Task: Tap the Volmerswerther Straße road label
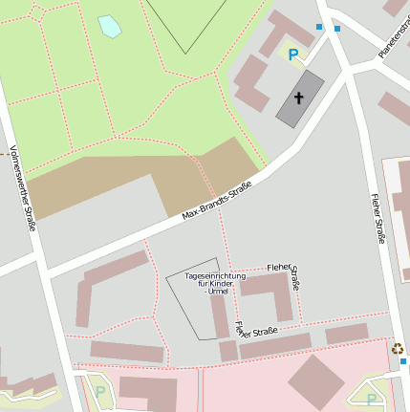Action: point(22,188)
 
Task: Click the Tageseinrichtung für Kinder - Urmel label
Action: point(215,283)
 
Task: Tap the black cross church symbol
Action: point(299,98)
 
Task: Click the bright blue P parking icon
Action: point(293,55)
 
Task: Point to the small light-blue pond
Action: point(110,26)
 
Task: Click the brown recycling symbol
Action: point(397,349)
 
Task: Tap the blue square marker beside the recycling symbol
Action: point(403,361)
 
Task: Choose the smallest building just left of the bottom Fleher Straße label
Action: point(228,351)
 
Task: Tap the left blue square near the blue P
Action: point(319,27)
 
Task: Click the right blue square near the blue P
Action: point(337,29)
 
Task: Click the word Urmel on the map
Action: point(216,292)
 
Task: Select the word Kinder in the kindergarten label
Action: point(220,284)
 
